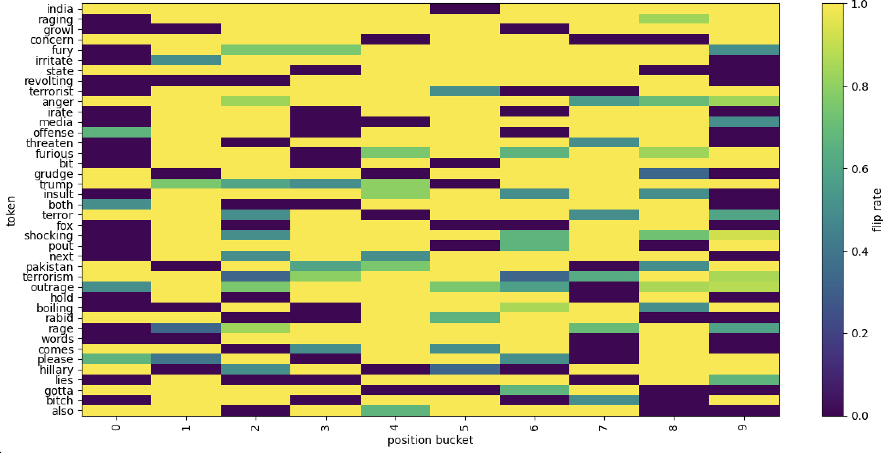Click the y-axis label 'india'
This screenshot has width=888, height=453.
tap(60, 9)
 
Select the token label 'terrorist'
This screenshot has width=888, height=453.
tap(51, 91)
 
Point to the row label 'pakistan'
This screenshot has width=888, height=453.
tap(49, 267)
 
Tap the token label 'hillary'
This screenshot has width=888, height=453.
tap(56, 370)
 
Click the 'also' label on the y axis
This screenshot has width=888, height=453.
tap(63, 411)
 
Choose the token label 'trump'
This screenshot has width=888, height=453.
tap(56, 184)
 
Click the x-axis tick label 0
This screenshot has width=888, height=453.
tap(116, 427)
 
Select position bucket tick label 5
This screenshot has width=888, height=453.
tap(465, 427)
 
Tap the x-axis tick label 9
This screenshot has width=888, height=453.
tap(744, 427)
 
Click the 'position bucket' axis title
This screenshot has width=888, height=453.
tap(430, 440)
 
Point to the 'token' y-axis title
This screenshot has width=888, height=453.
tap(11, 210)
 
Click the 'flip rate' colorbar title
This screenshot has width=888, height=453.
tap(877, 210)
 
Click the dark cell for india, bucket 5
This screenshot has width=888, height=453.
tap(465, 9)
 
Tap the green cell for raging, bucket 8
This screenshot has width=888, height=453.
tap(674, 19)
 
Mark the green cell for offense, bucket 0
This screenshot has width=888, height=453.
tap(116, 132)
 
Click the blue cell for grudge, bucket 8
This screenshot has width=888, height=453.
tap(674, 174)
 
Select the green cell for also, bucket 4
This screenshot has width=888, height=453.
tap(395, 411)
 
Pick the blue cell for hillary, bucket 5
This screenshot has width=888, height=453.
tap(465, 370)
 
